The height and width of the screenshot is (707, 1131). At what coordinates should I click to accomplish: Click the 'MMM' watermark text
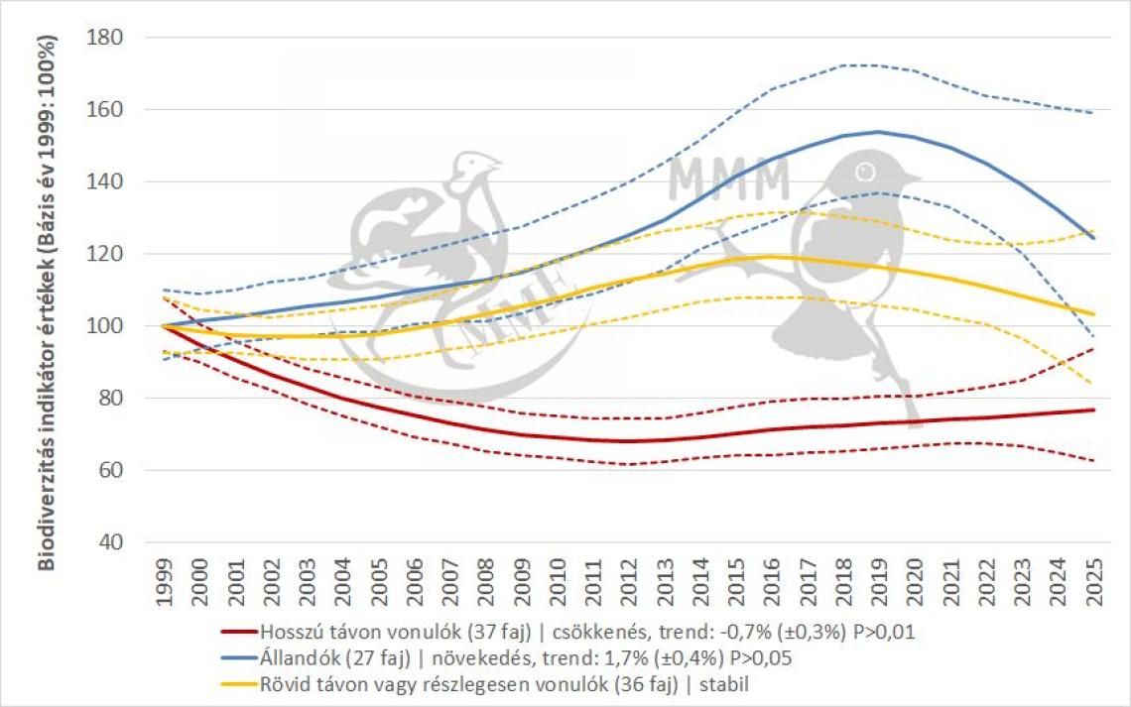[x=729, y=178]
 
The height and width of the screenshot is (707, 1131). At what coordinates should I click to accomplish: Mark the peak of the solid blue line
[x=878, y=132]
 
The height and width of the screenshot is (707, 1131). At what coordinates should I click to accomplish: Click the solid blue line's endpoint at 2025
[x=1092, y=238]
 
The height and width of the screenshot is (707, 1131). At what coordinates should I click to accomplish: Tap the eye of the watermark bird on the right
[x=865, y=171]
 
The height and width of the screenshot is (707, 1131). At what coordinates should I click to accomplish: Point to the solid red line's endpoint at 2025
[x=1092, y=410]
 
